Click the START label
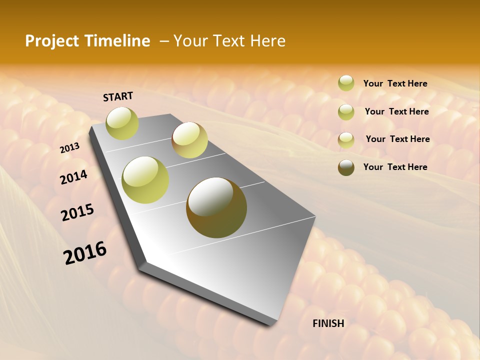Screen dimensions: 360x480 click(118, 96)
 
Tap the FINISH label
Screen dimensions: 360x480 click(328, 323)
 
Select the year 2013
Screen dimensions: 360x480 click(69, 148)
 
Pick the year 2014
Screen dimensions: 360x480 click(73, 177)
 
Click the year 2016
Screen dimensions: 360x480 click(85, 252)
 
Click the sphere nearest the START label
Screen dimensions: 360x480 click(122, 123)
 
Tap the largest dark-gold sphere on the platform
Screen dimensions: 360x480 click(216, 207)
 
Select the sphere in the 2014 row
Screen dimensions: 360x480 click(145, 180)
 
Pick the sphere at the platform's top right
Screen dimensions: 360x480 click(189, 140)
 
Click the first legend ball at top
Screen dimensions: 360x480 click(346, 83)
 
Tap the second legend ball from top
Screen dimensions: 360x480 click(346, 112)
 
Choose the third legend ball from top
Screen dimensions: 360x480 click(346, 140)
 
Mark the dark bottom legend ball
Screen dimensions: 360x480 click(346, 167)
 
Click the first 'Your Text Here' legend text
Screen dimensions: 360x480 click(395, 83)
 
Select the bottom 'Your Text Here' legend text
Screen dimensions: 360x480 click(395, 167)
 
